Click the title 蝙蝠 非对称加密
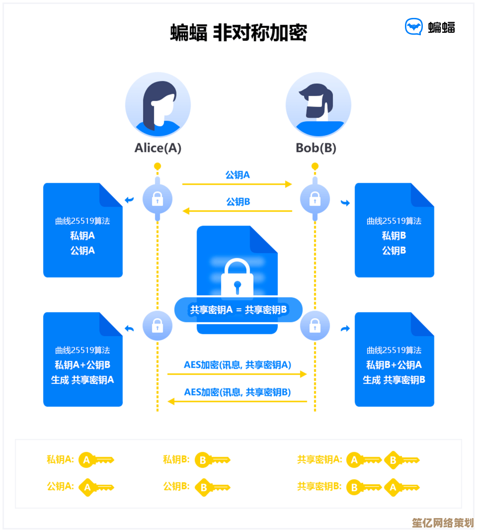click(x=238, y=33)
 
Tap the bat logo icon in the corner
click(x=414, y=27)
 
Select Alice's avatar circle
click(x=158, y=105)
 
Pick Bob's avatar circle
click(x=318, y=105)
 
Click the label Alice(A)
click(x=158, y=148)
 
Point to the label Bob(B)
click(x=316, y=148)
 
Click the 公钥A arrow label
click(x=238, y=175)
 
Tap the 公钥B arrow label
click(x=238, y=202)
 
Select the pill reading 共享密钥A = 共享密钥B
click(x=238, y=310)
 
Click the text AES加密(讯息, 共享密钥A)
click(x=238, y=365)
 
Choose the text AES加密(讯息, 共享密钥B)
click(x=238, y=392)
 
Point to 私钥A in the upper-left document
click(x=82, y=236)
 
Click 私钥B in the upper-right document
click(x=394, y=236)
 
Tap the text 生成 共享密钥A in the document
click(x=82, y=380)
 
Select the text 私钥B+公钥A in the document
click(x=394, y=365)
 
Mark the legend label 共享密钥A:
click(x=319, y=460)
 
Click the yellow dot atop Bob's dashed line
click(x=315, y=166)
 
